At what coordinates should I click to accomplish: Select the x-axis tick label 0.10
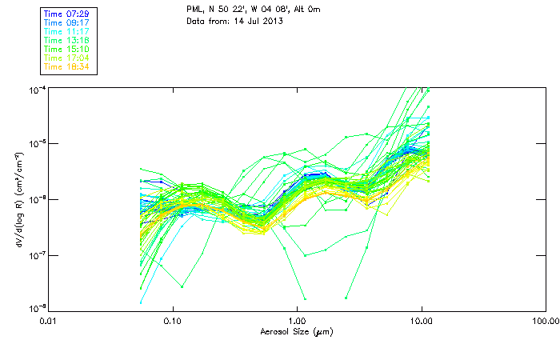coord(173,321)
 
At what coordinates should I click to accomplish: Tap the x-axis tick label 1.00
coord(297,321)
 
